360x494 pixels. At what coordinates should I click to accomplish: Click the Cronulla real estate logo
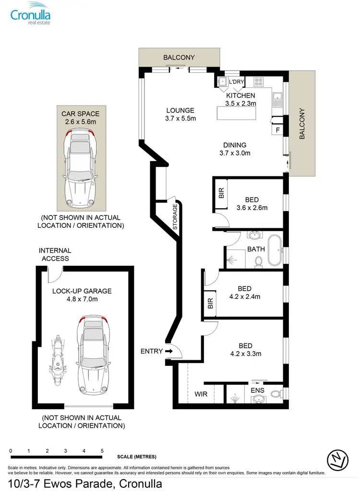click(x=31, y=13)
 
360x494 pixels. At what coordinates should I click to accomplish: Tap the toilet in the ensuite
click(x=275, y=394)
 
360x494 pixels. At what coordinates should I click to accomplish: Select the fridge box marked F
click(x=277, y=129)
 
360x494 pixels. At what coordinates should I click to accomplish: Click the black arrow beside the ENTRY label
click(x=168, y=351)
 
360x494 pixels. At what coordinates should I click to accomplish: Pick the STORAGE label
click(x=175, y=217)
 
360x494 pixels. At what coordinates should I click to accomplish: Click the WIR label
click(x=201, y=394)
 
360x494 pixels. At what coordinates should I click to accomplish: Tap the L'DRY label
click(x=236, y=82)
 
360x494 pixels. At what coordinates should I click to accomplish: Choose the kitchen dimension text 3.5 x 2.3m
click(x=241, y=103)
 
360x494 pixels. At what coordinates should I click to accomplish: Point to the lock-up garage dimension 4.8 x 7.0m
click(x=82, y=299)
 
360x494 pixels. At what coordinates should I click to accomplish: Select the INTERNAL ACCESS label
click(x=55, y=255)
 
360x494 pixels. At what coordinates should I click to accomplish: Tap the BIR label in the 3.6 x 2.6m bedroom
click(x=221, y=193)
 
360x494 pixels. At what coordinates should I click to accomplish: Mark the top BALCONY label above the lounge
click(x=179, y=58)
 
